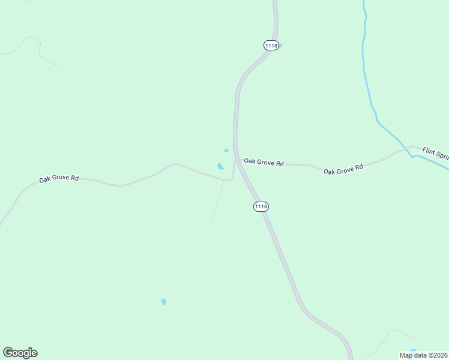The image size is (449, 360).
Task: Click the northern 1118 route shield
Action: tap(271, 46)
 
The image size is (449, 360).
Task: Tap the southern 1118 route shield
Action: tap(261, 206)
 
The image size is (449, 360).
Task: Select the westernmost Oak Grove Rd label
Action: tap(59, 178)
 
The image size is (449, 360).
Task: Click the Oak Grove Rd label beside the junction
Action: tap(264, 162)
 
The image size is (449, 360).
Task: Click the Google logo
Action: tap(20, 353)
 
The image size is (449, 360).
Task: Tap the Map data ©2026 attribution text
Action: tap(423, 355)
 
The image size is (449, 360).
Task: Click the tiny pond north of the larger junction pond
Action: tap(226, 151)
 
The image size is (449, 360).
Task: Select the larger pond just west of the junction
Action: tap(221, 166)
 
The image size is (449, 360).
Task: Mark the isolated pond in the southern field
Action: tap(163, 301)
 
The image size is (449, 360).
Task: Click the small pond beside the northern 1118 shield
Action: tap(280, 46)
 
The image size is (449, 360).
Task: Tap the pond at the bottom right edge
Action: tap(412, 351)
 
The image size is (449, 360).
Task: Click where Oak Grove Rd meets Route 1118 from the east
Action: tap(238, 161)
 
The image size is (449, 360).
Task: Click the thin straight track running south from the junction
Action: tap(218, 201)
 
